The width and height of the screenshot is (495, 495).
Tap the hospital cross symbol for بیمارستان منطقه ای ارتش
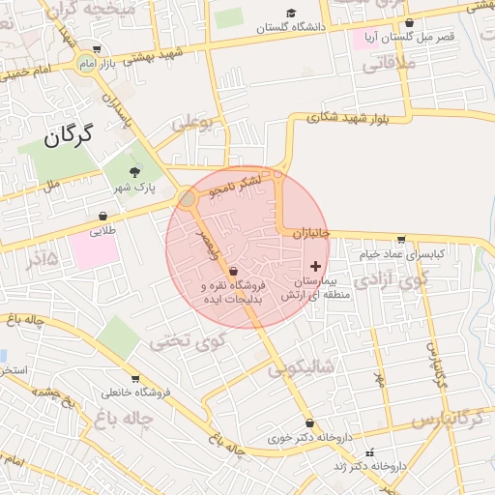coord(315,265)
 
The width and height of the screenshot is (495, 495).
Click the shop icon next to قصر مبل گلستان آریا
coord(409,22)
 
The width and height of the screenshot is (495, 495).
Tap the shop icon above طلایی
coord(102,216)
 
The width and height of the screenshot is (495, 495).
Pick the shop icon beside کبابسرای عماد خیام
coord(400,240)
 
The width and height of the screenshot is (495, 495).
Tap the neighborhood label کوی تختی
coord(189,340)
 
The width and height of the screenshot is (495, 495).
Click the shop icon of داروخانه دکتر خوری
coord(308,422)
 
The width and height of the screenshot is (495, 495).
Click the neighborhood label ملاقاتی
coord(387,66)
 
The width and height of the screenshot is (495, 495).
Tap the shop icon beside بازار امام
coord(96,48)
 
